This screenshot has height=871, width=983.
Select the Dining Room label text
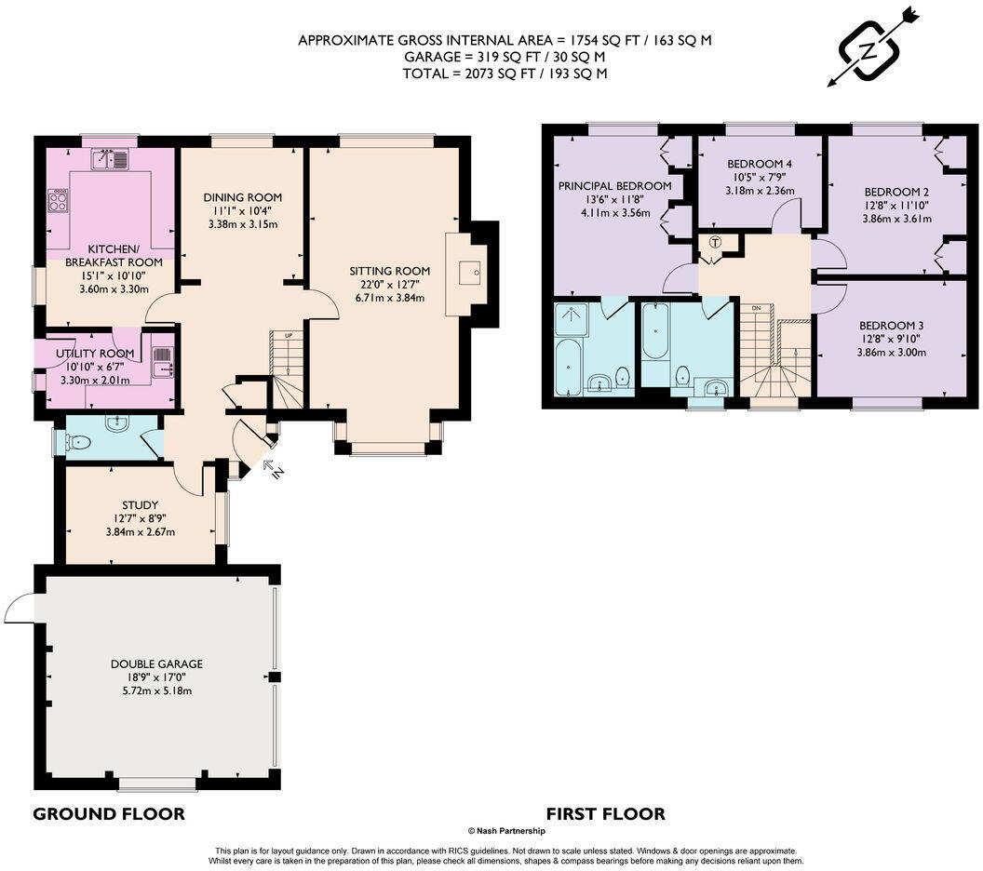click(x=242, y=197)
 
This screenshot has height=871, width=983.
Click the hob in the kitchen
click(x=59, y=201)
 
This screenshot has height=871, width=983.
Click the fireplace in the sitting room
click(x=473, y=273)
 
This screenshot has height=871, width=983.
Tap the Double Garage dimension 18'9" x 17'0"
click(x=156, y=677)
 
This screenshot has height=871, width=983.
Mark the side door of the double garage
click(x=20, y=609)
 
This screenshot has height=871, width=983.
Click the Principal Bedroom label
click(x=614, y=186)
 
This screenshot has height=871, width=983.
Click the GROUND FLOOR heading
click(x=109, y=814)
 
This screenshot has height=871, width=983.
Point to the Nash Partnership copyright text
click(x=505, y=831)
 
